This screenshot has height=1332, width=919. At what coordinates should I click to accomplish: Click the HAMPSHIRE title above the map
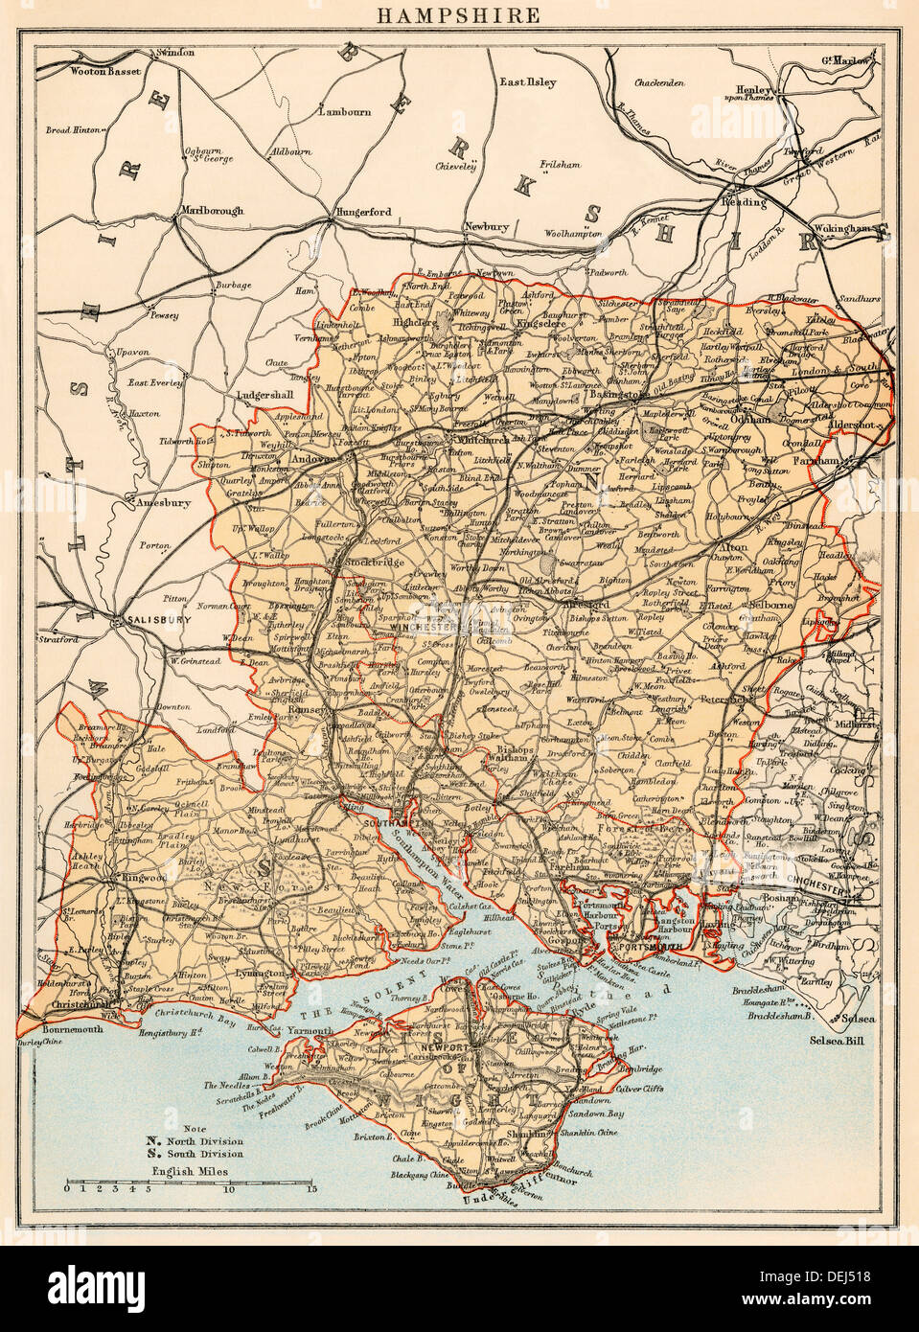point(459,16)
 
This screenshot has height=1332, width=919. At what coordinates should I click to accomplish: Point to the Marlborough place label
point(212,211)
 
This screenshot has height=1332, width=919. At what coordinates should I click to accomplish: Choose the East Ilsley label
point(527,82)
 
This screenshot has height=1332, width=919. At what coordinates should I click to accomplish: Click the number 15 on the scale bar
point(311,1189)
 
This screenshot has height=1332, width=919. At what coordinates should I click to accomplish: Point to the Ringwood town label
point(141,876)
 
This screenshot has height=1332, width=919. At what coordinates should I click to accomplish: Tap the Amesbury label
point(164,502)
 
